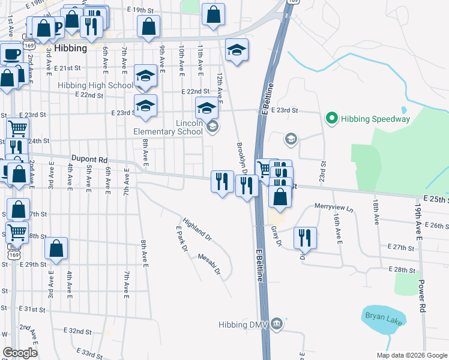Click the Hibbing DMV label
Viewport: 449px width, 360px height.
point(243,325)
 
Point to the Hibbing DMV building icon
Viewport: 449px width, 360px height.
point(276,324)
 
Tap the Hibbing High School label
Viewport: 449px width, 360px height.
point(95,86)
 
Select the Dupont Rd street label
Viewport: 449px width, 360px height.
point(89,160)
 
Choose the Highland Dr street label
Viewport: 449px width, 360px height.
point(197,229)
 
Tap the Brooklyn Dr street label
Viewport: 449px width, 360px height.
point(243,158)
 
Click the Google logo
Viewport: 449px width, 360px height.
point(20,353)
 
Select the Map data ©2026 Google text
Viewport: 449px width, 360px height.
point(411,355)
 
